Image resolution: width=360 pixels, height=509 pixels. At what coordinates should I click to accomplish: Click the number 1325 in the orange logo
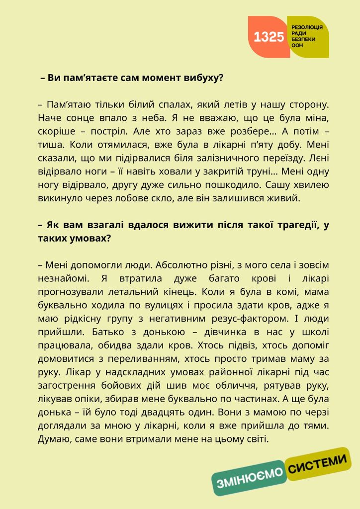269,37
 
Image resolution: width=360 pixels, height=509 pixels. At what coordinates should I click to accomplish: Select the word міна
317,118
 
